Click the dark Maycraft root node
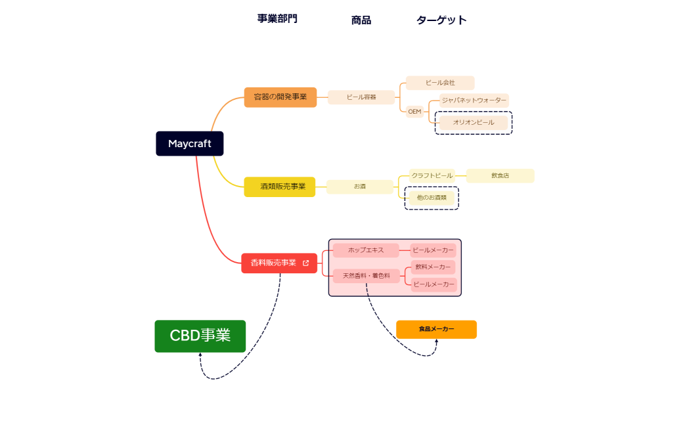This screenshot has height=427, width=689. click(189, 144)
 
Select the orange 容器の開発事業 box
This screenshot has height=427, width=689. click(280, 97)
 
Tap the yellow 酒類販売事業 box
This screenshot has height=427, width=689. click(280, 187)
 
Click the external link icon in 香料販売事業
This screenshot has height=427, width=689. click(305, 263)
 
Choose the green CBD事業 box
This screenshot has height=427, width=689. click(200, 336)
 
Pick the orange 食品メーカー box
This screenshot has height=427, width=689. click(436, 330)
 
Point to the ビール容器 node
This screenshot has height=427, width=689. click(361, 97)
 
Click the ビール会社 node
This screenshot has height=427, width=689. click(440, 83)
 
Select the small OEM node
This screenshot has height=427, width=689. click(414, 112)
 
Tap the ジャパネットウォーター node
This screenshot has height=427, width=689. click(474, 101)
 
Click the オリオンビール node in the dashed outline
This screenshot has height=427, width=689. click(474, 122)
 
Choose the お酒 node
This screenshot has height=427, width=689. click(360, 187)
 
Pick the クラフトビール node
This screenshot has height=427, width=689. click(432, 175)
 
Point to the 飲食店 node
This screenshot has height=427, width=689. click(500, 175)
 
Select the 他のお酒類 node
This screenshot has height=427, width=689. click(432, 197)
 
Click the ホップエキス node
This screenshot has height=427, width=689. click(366, 250)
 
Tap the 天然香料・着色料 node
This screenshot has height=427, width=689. click(367, 276)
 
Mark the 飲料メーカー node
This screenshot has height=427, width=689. click(433, 267)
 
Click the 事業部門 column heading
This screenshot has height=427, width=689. click(277, 18)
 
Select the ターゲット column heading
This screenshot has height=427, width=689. click(441, 20)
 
